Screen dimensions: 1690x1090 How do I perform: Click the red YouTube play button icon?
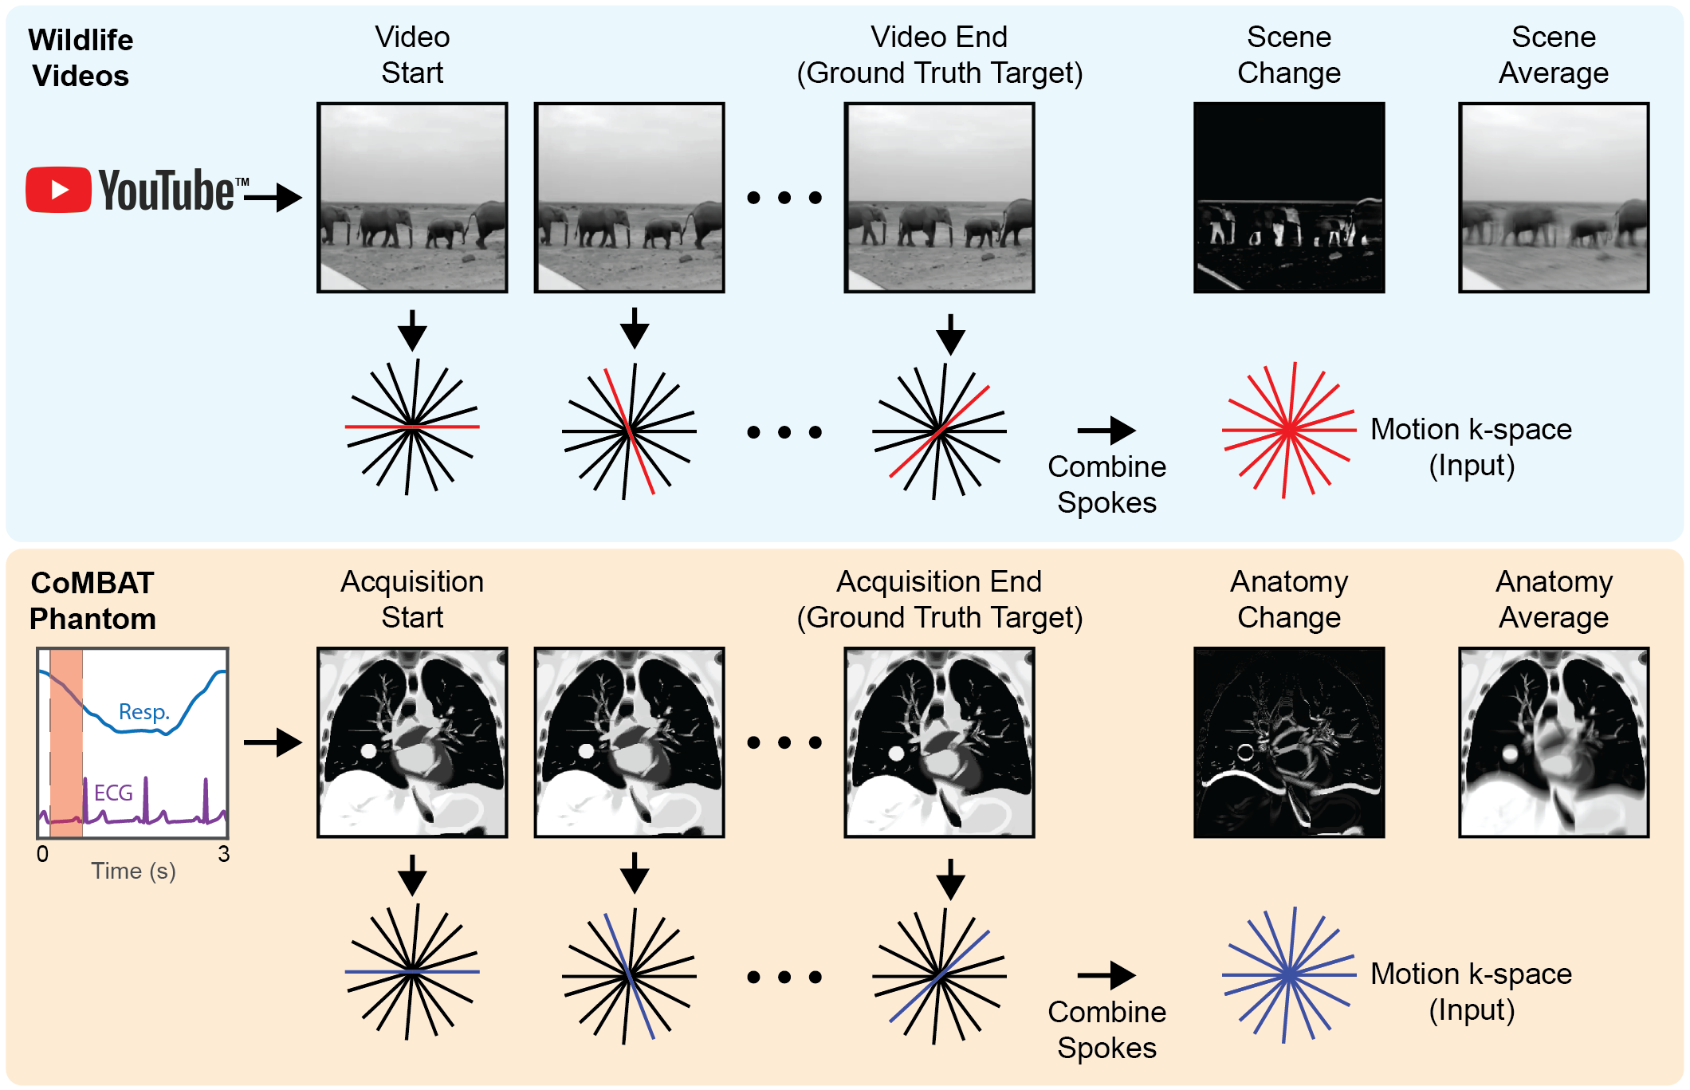tap(58, 190)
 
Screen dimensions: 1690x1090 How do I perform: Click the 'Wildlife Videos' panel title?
tap(81, 57)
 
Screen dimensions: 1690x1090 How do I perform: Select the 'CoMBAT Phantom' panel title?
tap(92, 600)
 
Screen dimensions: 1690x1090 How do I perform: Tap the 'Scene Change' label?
tap(1288, 55)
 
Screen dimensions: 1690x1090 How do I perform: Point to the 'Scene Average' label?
tap(1553, 55)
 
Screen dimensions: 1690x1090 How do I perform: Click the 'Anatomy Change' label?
tap(1288, 600)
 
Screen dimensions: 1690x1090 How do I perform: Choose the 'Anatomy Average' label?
tap(1553, 600)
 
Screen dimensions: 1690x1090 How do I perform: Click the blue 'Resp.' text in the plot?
tap(144, 711)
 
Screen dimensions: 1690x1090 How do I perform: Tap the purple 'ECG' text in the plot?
tap(113, 793)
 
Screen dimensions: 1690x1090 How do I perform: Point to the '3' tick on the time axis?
tap(224, 854)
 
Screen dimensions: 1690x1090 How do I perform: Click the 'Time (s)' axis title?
tap(133, 871)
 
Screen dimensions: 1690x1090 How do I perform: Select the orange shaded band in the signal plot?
tap(66, 742)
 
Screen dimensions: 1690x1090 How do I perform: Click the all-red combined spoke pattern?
tap(1288, 431)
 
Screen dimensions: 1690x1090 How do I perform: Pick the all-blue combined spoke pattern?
tap(1288, 975)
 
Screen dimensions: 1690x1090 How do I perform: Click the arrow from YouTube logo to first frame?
tap(273, 197)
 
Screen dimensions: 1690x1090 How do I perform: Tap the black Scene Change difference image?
tap(1288, 198)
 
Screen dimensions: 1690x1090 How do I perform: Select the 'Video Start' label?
tap(412, 55)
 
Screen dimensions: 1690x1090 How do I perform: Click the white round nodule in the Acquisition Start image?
tap(368, 750)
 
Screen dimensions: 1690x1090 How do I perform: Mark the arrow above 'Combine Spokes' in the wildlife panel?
tap(1106, 431)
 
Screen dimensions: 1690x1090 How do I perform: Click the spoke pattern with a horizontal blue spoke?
tap(411, 972)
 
